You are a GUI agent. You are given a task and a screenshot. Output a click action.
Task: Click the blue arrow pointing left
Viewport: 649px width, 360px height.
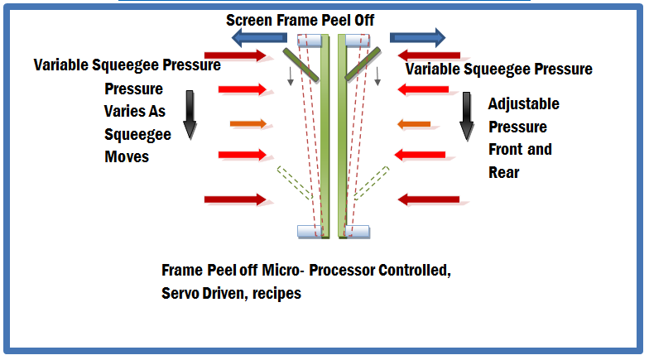click(259, 38)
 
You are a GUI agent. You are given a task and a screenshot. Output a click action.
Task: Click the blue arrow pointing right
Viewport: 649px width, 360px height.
click(417, 38)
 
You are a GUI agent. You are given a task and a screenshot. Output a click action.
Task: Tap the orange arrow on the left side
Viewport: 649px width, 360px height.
click(248, 123)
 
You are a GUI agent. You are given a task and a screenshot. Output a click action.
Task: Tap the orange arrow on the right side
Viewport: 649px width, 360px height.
click(414, 124)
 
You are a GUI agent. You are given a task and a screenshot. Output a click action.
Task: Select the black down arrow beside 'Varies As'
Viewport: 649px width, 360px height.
click(190, 114)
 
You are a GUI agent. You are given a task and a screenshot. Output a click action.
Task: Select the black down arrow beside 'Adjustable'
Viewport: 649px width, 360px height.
click(467, 117)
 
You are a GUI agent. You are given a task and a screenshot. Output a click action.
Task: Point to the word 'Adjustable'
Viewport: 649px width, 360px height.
click(523, 104)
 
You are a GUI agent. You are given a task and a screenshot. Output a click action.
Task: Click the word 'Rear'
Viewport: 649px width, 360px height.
click(503, 172)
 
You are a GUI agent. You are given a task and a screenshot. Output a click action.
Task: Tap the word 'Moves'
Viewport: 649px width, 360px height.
click(127, 157)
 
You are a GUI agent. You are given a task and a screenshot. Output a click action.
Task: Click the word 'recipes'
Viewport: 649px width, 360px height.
click(276, 293)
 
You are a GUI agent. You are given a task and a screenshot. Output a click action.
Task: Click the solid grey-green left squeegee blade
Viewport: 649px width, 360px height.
click(301, 65)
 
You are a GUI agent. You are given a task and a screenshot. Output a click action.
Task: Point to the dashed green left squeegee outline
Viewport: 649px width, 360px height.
click(295, 183)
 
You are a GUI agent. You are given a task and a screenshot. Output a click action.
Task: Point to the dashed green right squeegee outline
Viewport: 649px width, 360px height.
click(371, 184)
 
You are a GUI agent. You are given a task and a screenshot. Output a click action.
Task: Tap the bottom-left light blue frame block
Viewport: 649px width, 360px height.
click(310, 232)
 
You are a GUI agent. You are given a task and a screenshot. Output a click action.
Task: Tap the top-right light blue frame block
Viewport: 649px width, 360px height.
click(358, 41)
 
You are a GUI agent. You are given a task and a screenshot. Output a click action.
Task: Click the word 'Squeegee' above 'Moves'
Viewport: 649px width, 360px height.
click(137, 135)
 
